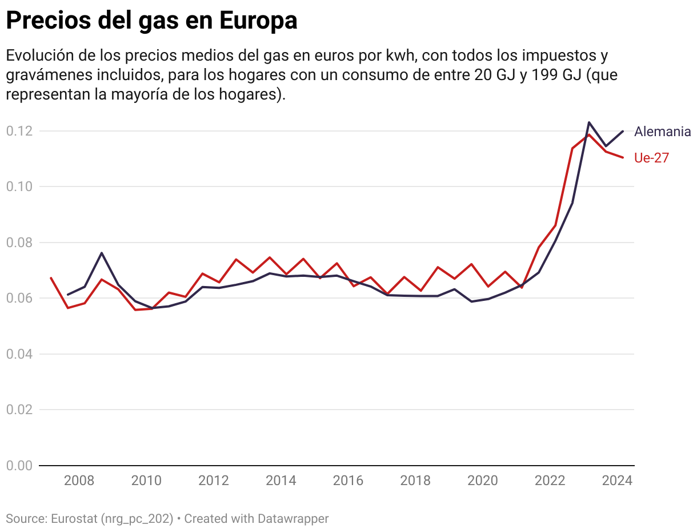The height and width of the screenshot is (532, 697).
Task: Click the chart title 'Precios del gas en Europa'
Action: (151, 21)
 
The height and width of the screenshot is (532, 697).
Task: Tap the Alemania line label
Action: (662, 132)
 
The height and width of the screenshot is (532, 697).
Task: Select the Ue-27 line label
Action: (651, 158)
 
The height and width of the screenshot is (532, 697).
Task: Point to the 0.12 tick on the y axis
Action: (18, 131)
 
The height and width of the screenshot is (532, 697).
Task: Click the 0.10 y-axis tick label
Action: (18, 186)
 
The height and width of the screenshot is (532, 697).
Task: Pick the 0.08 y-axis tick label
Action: (18, 243)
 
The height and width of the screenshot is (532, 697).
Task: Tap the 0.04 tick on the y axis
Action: (18, 354)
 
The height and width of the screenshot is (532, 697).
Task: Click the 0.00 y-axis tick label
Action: (18, 466)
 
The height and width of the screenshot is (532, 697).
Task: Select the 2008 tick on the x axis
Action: (79, 481)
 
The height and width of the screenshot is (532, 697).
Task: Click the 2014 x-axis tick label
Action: (281, 481)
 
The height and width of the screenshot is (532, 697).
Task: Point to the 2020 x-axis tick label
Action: (483, 481)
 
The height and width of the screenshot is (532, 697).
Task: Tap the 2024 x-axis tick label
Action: (618, 481)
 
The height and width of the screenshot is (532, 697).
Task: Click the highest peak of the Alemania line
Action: (589, 122)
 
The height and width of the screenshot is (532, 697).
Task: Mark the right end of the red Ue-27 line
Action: (623, 157)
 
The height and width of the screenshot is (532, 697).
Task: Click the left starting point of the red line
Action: (51, 278)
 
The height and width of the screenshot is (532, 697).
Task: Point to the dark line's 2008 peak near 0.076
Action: (102, 253)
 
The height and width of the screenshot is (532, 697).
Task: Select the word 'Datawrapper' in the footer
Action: (293, 519)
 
